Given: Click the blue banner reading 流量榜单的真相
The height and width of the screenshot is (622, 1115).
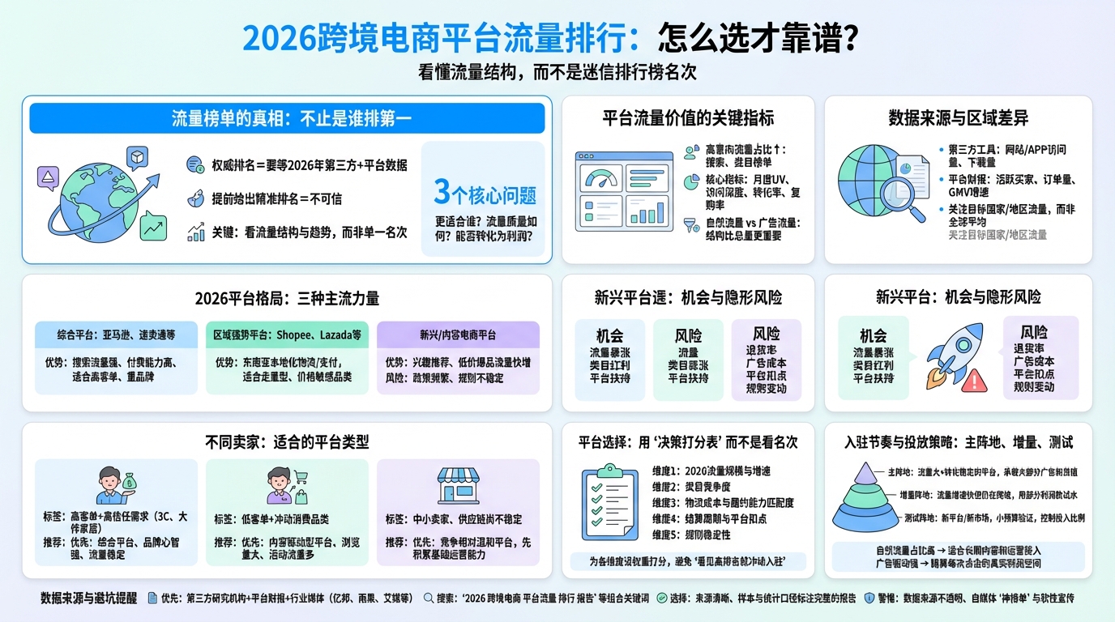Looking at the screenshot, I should (x=287, y=118).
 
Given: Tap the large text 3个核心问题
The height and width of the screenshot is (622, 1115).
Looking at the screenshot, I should (x=485, y=193).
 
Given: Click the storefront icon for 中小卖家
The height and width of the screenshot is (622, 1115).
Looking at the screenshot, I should (x=458, y=484).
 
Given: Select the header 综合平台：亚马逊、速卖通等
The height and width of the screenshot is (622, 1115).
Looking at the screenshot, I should (x=116, y=334).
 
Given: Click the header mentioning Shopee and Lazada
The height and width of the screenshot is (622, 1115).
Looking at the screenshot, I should (x=287, y=334).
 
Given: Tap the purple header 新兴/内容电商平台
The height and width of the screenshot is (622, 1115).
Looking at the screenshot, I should (x=458, y=334).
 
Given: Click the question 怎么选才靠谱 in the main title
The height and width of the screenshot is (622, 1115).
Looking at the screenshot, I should (x=758, y=39).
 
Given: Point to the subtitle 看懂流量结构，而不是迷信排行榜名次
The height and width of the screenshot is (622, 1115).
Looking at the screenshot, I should (x=557, y=72).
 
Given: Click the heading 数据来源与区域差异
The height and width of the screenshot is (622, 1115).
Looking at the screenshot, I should (x=958, y=118).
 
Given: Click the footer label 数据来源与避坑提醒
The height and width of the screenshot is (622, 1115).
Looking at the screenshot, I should (x=89, y=598).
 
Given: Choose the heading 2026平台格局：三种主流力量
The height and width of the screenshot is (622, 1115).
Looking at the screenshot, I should (x=287, y=298).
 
